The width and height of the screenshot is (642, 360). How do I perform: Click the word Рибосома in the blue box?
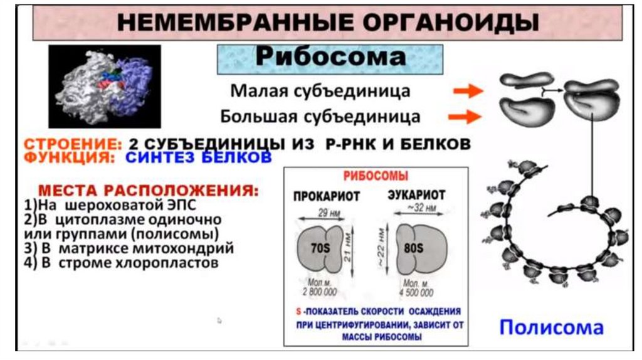pyautogui.click(x=330, y=58)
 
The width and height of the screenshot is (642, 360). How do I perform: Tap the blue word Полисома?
pyautogui.click(x=551, y=327)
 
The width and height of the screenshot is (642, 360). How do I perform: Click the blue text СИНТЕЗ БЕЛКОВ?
pyautogui.click(x=198, y=157)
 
